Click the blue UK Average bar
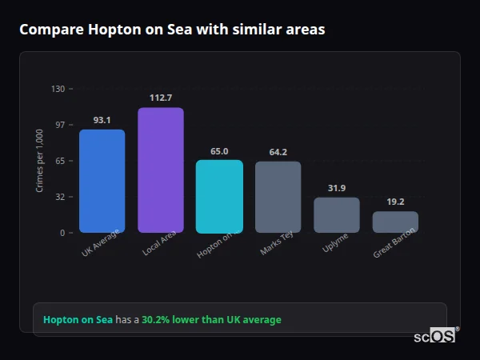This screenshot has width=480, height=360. [x=102, y=181]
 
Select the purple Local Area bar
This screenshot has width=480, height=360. [x=161, y=170]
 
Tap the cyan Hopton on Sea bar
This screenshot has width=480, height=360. [x=219, y=196]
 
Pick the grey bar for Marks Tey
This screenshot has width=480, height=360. [x=278, y=197]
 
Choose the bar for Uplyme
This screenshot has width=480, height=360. [x=337, y=214]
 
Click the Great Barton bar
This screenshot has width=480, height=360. [x=395, y=222]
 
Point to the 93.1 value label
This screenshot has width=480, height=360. [x=102, y=120]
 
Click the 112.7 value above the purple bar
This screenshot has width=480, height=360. [x=161, y=98]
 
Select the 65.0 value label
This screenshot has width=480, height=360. [x=219, y=150]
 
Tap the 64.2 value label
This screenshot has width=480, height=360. [x=278, y=152]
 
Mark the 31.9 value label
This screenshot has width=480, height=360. [x=337, y=188]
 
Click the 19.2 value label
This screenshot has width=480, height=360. [x=395, y=202]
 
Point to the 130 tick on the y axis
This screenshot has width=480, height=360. [x=58, y=89]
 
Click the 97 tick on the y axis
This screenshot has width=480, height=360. [x=59, y=125]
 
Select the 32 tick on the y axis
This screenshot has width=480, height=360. [x=59, y=197]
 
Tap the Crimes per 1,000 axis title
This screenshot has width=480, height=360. [x=39, y=161]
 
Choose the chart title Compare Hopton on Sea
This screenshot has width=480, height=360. [x=172, y=30]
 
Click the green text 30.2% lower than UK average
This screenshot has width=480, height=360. [x=211, y=319]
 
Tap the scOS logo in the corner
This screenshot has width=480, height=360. [x=435, y=336]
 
